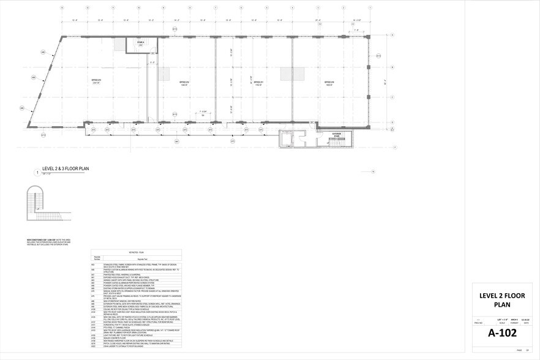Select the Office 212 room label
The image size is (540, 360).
[184, 82]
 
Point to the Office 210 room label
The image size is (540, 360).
[329, 82]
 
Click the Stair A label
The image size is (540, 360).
[140, 42]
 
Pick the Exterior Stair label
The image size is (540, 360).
[337, 133]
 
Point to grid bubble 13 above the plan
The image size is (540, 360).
[62, 7]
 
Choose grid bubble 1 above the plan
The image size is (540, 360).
[370, 7]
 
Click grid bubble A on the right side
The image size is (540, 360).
[392, 129]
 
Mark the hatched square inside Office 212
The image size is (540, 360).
[165, 73]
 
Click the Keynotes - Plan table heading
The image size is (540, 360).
[137, 251]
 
